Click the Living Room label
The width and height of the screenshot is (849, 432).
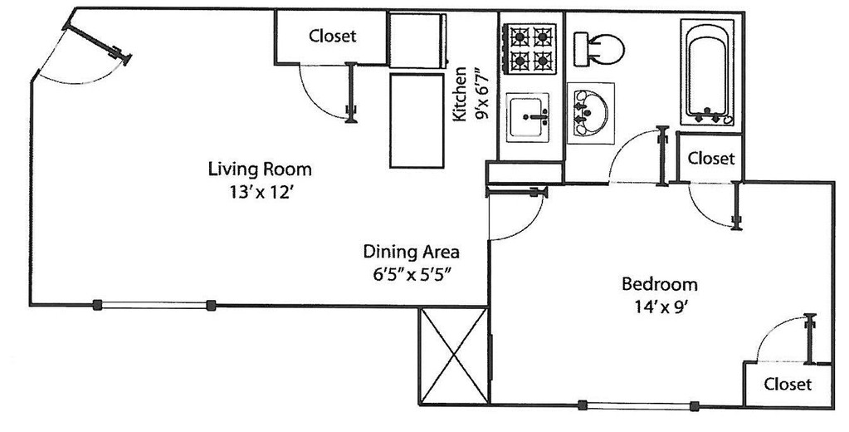coord(260,169)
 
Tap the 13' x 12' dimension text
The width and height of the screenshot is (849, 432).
coord(261,193)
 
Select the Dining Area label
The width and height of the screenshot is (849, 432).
coord(411,252)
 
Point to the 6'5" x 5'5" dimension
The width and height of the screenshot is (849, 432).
coord(412,275)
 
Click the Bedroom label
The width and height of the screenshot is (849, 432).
coord(660,284)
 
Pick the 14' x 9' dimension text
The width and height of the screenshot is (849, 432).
coord(660,307)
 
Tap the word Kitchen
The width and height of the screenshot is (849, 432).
coord(460,94)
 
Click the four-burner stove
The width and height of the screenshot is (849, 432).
coord(530,49)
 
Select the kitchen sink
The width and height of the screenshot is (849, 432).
coord(528,118)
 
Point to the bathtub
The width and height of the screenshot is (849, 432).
coord(707,72)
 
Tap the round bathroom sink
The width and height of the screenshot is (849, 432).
coord(591,113)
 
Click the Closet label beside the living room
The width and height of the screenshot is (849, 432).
coord(333,37)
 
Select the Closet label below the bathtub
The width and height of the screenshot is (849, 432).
coord(711,159)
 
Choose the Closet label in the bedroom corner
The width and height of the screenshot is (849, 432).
coord(788,385)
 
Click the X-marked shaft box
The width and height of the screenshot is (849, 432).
coord(454,356)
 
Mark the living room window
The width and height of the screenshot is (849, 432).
coord(154,305)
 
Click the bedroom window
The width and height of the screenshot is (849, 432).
coord(638,405)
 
